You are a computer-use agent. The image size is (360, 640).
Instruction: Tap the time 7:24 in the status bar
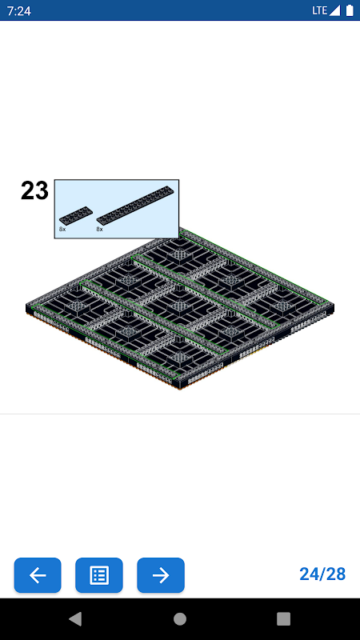point(18,10)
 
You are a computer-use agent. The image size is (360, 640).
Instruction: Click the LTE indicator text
point(319,10)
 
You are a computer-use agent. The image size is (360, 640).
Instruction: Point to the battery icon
point(350,10)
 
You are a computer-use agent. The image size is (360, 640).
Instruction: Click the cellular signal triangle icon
point(334,10)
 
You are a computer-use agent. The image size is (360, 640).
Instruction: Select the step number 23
point(34,190)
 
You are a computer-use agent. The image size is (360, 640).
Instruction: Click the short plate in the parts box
point(75,215)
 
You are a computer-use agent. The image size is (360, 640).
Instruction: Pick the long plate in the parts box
point(134,205)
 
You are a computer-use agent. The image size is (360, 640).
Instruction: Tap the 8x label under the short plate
point(62,230)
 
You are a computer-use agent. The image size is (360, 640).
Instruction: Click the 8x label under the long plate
point(99,230)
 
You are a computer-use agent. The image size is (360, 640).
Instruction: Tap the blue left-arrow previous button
point(38,575)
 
